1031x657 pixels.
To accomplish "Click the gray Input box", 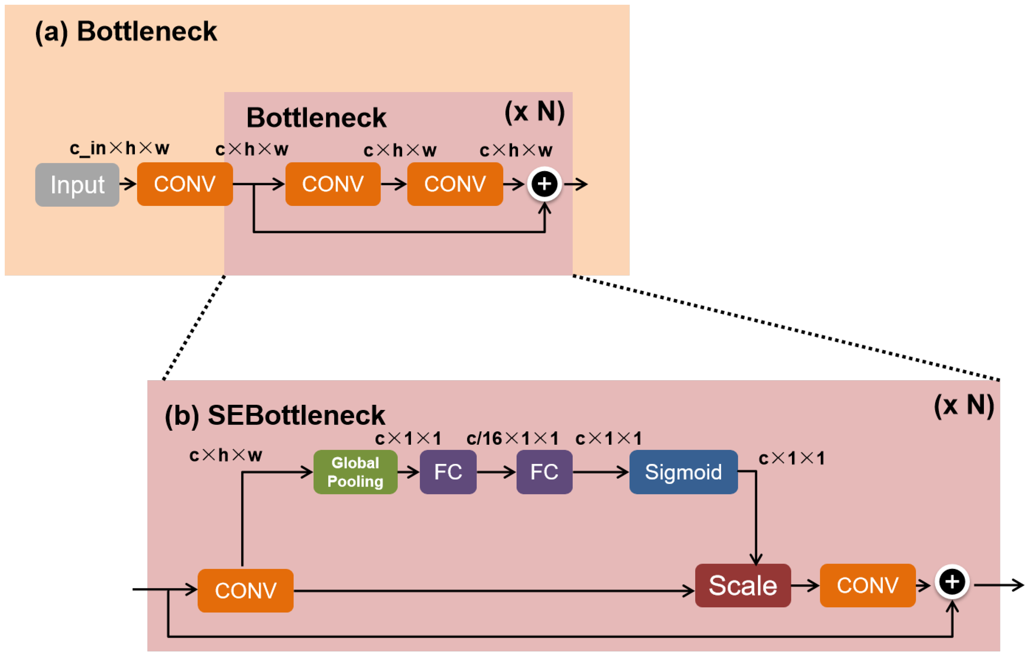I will [77, 185].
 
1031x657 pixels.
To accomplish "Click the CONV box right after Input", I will [184, 184].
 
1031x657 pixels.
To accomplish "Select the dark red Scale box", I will [743, 585].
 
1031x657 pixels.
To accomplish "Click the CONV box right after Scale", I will [867, 585].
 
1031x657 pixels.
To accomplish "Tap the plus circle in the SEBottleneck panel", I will [952, 582].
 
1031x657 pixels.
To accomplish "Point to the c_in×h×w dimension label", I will [120, 148].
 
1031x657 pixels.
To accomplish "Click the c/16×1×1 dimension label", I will [512, 439].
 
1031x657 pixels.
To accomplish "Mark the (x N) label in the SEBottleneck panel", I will [964, 405].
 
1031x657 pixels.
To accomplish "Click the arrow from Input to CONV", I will [128, 184].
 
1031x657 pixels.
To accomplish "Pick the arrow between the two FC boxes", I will [496, 472].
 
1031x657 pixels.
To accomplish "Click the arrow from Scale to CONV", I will [805, 585].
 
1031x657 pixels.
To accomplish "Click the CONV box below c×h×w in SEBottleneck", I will [245, 591].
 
